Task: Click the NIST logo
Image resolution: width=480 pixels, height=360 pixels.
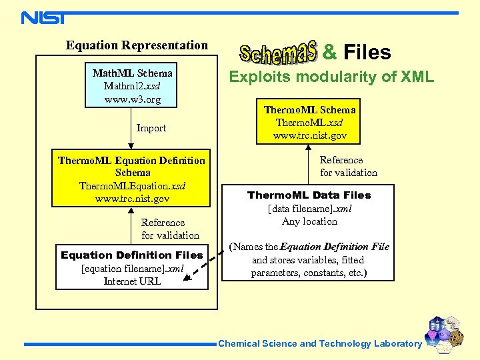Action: (x=43, y=17)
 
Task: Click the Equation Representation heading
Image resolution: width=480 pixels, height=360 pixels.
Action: (x=137, y=45)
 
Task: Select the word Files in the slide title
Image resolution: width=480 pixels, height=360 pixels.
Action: (x=367, y=53)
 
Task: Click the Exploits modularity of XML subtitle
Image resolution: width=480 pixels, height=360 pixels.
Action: (x=331, y=77)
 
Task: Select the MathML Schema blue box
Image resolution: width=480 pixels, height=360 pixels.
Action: (x=132, y=86)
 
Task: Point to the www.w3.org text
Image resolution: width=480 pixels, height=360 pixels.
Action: (x=133, y=99)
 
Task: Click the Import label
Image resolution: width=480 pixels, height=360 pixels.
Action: (x=151, y=128)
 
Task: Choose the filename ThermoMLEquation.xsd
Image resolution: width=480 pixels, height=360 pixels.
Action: (x=132, y=185)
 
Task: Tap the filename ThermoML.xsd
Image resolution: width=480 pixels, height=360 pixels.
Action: (x=309, y=123)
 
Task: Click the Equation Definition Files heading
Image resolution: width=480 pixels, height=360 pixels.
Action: (x=132, y=255)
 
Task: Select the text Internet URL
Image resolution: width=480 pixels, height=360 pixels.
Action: (x=132, y=281)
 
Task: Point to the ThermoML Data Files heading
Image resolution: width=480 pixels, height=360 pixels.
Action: (x=309, y=195)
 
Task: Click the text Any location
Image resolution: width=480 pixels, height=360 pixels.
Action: (x=309, y=221)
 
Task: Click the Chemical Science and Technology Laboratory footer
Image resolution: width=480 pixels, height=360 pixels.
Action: (x=320, y=344)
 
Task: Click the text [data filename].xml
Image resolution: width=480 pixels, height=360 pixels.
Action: (x=309, y=209)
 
